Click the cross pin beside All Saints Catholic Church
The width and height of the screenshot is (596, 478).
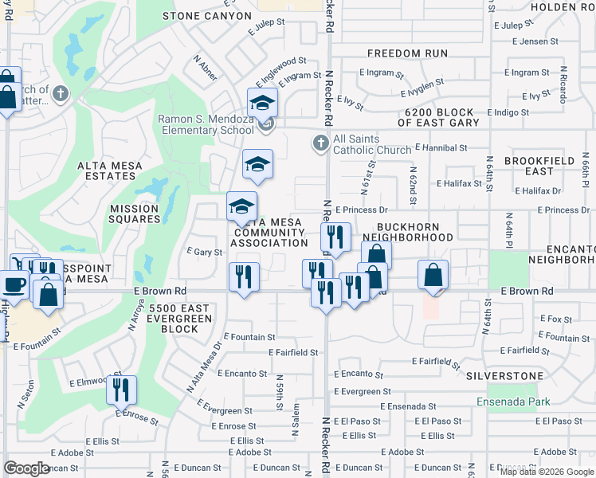tap(320, 143)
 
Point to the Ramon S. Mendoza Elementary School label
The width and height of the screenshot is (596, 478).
tap(206, 124)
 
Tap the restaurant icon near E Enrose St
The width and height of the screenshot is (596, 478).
tap(121, 390)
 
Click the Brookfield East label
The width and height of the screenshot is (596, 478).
tap(539, 166)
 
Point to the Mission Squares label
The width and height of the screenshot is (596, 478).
tap(135, 214)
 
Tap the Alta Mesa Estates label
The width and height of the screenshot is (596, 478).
tap(109, 171)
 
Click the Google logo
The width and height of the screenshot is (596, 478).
tap(27, 468)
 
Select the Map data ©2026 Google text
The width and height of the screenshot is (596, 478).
tap(546, 472)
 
